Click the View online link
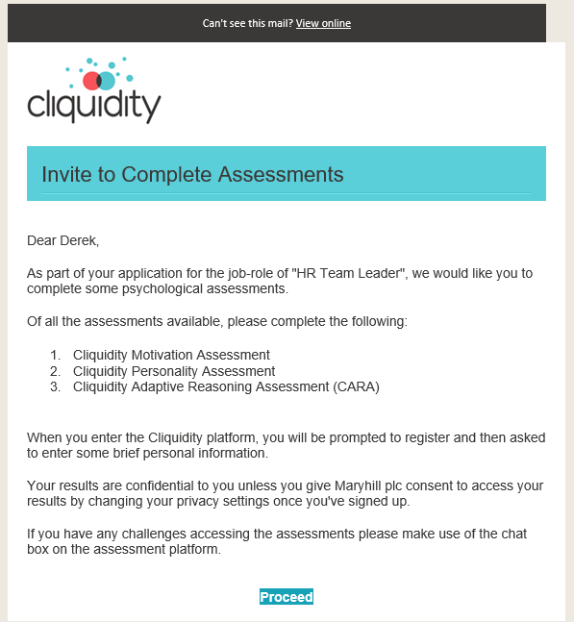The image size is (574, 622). (x=323, y=23)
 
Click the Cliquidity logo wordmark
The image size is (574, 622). (x=93, y=104)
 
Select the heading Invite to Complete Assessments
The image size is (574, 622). (x=192, y=174)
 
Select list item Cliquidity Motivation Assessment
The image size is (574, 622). (x=171, y=355)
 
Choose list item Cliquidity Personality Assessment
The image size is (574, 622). (x=174, y=371)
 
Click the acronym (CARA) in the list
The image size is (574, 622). (x=356, y=387)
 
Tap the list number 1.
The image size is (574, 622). (x=55, y=355)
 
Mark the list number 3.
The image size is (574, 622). (x=55, y=387)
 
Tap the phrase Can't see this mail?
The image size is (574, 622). (x=247, y=23)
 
